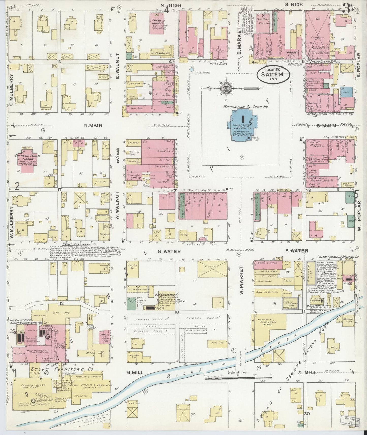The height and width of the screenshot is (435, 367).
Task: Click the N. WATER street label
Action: (165, 252)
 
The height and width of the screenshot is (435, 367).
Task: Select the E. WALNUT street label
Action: (118, 66)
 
